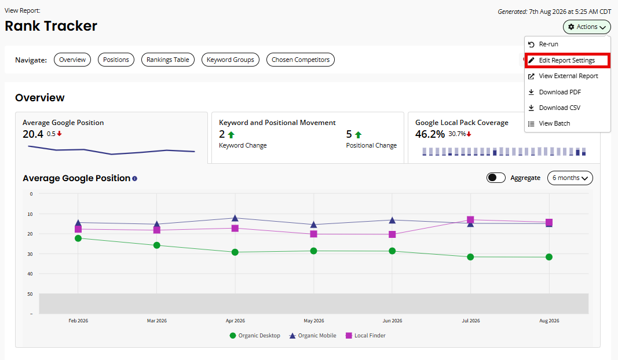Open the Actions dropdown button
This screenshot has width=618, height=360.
click(587, 27)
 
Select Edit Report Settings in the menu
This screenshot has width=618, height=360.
click(567, 60)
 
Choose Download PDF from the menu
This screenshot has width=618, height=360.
click(560, 92)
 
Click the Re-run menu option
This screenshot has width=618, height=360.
click(548, 44)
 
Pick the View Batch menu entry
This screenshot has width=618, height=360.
click(554, 124)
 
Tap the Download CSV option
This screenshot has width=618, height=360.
click(560, 108)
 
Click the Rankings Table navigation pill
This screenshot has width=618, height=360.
click(168, 60)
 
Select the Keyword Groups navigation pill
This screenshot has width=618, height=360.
click(231, 60)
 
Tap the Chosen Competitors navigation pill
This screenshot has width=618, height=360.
click(301, 60)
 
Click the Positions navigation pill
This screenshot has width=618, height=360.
click(116, 60)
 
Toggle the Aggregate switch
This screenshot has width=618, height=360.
click(496, 178)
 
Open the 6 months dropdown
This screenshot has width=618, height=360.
click(570, 178)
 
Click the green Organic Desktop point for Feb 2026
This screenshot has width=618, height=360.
click(78, 238)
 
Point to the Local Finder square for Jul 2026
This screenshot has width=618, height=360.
click(470, 219)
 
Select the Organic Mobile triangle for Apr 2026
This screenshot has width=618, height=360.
click(235, 218)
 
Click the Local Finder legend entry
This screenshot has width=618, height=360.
click(365, 336)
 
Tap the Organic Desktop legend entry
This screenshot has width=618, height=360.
click(255, 336)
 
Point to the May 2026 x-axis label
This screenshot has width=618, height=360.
click(314, 321)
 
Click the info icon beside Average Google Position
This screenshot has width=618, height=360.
click(135, 178)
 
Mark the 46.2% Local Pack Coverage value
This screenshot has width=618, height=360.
click(430, 134)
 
